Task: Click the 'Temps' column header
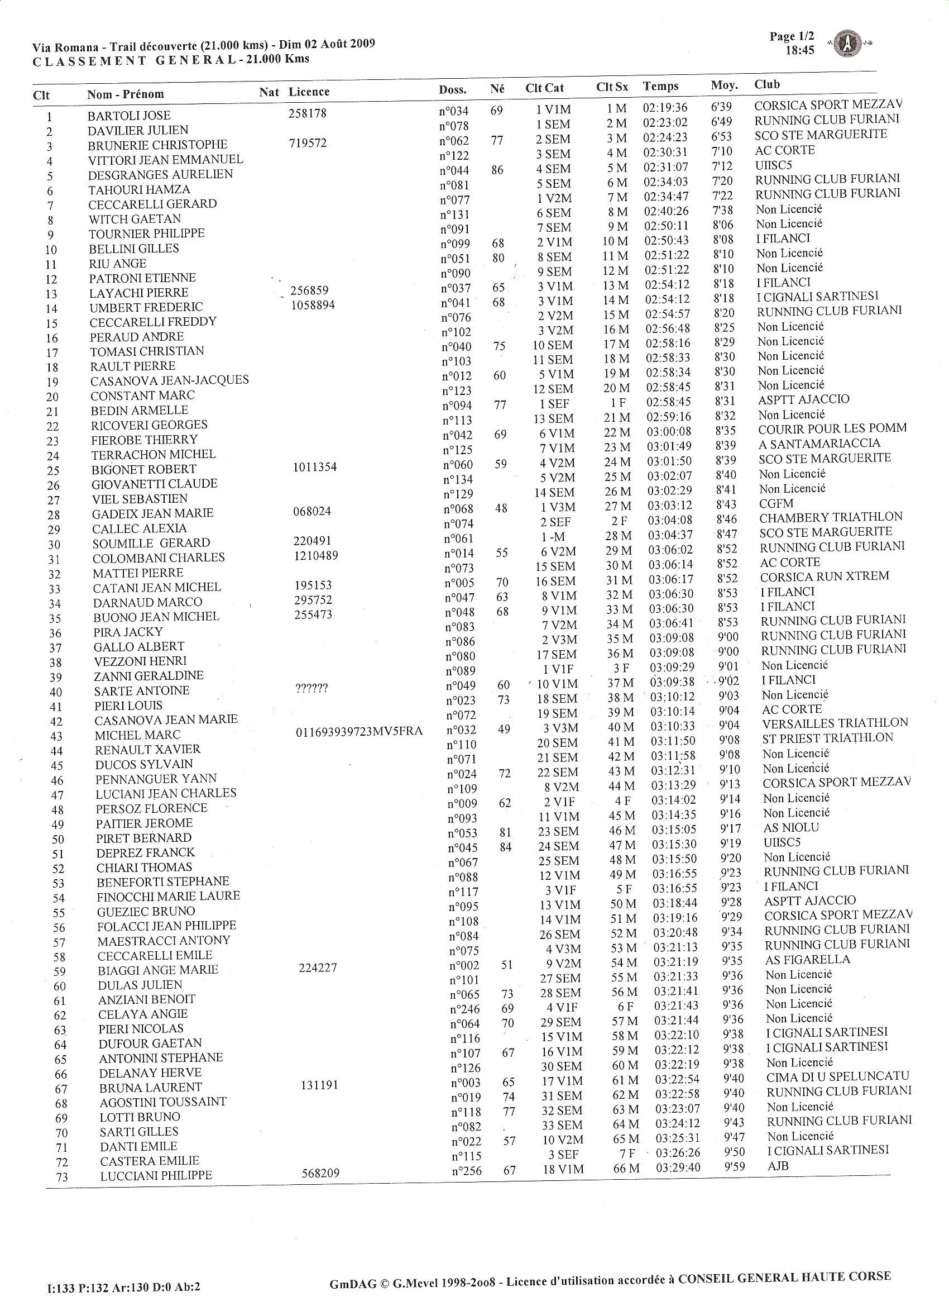pos(661,87)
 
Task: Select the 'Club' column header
pos(767,85)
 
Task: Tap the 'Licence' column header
pos(309,92)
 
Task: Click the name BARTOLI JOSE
pos(129,115)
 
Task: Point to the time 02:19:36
pos(665,107)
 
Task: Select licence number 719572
pos(308,142)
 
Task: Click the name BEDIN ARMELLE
pos(139,411)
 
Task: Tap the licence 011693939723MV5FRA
pos(359,732)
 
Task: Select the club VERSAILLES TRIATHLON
pos(835,723)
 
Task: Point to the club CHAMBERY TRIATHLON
pos(831,517)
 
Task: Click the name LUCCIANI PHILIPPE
pos(156,1176)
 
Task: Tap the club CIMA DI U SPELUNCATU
pos(837,1076)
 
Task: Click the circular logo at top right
pos(848,44)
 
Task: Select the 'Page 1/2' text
pos(792,37)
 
